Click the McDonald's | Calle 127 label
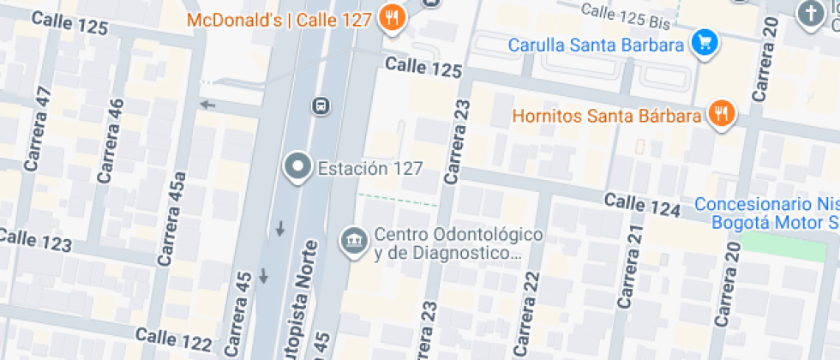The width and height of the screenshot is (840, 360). (279, 19)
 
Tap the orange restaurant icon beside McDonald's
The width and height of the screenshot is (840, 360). (392, 17)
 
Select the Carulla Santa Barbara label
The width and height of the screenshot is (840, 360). (596, 45)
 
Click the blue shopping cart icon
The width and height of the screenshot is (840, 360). (704, 41)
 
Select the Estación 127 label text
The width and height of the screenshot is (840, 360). (370, 168)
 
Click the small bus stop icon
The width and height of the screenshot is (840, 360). (320, 106)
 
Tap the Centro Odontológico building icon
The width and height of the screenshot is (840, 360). (352, 242)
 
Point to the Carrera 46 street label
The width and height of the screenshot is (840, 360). (111, 141)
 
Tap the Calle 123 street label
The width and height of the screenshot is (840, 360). (36, 239)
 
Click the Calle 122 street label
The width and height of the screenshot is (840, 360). (173, 339)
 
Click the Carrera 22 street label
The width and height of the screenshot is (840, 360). (525, 313)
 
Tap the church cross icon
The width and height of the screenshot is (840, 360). (809, 15)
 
